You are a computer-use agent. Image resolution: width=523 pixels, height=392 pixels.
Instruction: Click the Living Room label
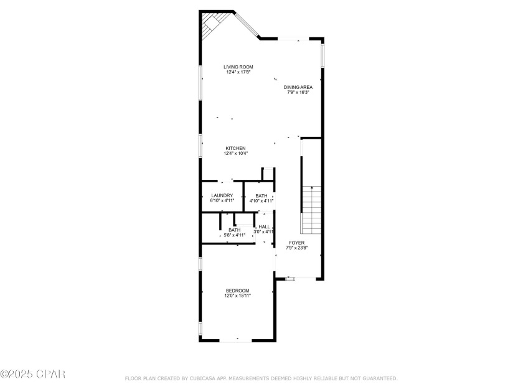point(238,67)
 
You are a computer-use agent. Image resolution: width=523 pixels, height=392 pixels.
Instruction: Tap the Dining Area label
point(298,87)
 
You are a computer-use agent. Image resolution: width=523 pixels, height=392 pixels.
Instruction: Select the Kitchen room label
point(235,148)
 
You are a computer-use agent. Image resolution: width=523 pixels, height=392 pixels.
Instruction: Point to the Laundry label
point(222,195)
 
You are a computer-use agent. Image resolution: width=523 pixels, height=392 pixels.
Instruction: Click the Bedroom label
point(237,291)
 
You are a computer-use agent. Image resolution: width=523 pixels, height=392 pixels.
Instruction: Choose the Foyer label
point(296,243)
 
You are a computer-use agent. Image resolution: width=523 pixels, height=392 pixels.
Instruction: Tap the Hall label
point(264,227)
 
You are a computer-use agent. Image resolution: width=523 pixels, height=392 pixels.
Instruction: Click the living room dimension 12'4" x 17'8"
point(238,72)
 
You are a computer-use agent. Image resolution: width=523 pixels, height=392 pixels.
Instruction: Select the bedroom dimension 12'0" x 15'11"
point(238,296)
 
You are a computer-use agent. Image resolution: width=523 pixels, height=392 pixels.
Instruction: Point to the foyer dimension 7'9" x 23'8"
point(296,248)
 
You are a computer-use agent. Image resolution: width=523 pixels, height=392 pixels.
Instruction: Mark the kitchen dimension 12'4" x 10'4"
point(236,153)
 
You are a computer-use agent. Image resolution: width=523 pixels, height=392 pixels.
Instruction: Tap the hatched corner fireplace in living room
point(214,24)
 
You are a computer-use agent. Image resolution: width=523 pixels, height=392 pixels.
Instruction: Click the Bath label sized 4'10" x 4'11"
point(261,196)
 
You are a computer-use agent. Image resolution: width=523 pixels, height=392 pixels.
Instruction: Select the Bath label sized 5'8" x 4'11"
point(235,230)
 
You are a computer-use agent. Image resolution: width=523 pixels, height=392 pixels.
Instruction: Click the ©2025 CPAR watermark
point(32,374)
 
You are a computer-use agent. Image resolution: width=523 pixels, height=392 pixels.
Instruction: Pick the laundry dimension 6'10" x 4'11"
point(222,200)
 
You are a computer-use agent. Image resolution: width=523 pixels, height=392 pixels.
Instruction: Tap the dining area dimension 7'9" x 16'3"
point(298,92)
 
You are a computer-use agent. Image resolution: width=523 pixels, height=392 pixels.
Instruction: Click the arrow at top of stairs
point(312,188)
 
